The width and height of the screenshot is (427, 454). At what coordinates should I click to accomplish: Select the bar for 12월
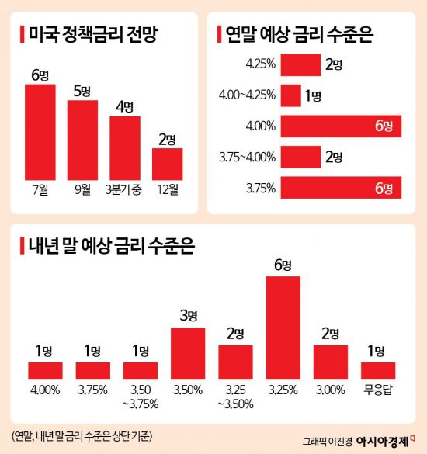(167, 164)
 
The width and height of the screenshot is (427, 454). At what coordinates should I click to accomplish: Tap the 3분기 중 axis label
(124, 189)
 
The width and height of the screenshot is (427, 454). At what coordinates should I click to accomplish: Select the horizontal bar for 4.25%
(300, 64)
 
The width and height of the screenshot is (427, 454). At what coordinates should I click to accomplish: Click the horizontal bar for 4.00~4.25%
(291, 95)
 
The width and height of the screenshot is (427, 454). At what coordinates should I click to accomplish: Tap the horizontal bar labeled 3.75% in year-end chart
(341, 188)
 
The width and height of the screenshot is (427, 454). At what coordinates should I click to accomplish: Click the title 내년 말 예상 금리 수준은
(109, 248)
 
